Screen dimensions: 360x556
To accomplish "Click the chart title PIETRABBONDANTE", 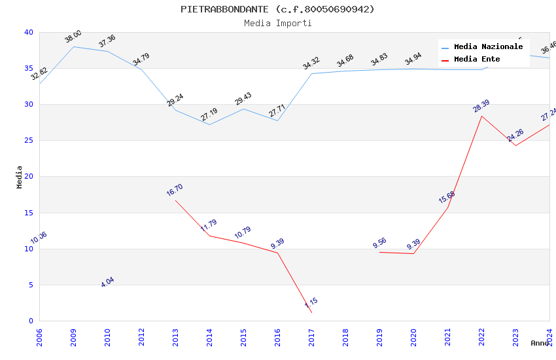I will [x=277, y=9].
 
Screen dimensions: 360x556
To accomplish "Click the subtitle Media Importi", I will [x=277, y=23].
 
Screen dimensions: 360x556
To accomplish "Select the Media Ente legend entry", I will [x=477, y=59].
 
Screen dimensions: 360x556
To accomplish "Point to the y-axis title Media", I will [x=20, y=177].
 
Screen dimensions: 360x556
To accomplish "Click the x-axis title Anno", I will [x=540, y=343].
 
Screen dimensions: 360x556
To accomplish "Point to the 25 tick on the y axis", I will [x=29, y=140].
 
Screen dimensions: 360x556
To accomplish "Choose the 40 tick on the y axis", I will [x=29, y=32].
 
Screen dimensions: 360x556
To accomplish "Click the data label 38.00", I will [x=73, y=36].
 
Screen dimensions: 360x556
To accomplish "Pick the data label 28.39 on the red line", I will [x=481, y=105].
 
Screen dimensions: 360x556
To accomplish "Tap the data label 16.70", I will [x=175, y=190].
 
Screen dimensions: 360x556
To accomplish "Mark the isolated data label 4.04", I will [x=107, y=282].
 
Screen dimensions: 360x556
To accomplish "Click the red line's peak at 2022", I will [x=481, y=116].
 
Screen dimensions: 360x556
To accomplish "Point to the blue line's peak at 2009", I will [x=73, y=46].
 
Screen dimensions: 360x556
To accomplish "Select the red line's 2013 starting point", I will [x=175, y=200].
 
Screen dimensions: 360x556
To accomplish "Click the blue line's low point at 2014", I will [x=209, y=124].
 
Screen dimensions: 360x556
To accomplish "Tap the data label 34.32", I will [x=311, y=63].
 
